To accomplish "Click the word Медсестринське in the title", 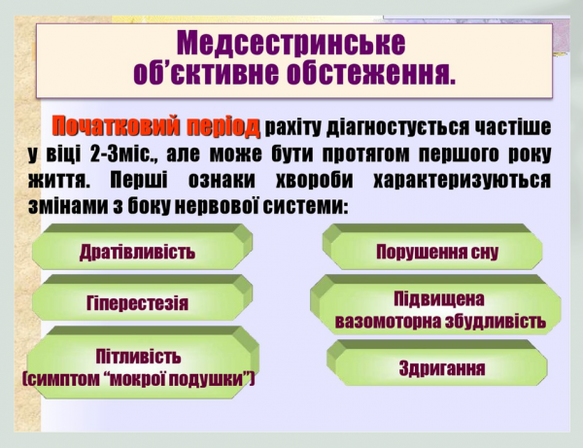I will [x=292, y=42].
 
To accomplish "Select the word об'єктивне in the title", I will [x=200, y=72].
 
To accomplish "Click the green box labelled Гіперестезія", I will [x=137, y=302].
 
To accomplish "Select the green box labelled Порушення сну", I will [x=436, y=252].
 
